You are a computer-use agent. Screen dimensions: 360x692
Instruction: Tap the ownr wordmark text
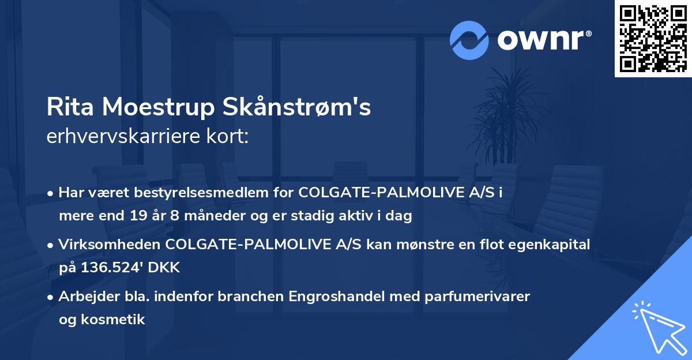click(543, 39)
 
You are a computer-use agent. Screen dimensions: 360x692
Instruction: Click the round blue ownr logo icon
click(469, 40)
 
